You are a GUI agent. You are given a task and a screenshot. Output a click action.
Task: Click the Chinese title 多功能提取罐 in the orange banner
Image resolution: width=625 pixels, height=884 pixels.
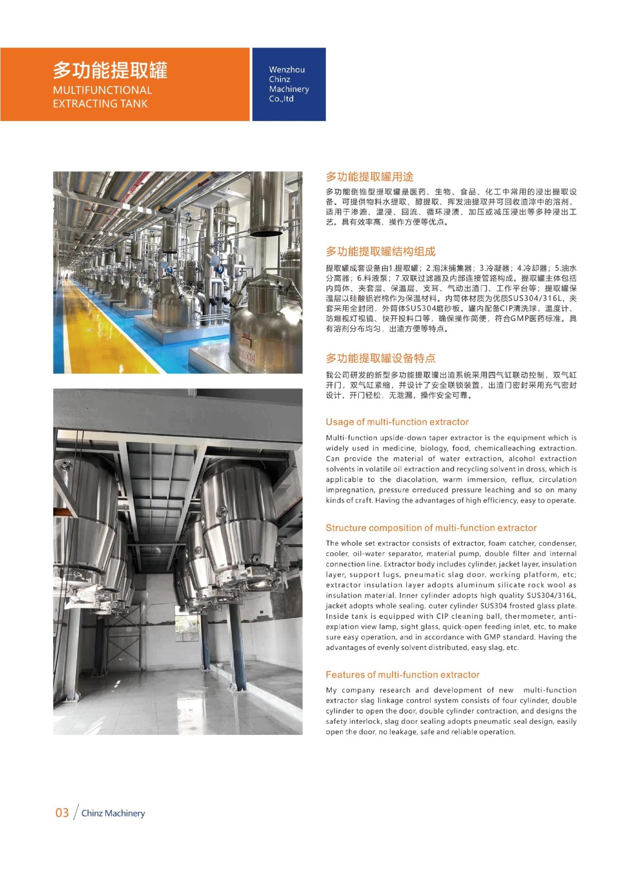click(110, 71)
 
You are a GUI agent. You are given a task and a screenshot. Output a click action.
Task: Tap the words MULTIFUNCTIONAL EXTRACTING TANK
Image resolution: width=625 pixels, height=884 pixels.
click(102, 97)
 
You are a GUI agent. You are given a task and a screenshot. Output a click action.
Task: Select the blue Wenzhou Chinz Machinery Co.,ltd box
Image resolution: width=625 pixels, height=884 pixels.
click(289, 84)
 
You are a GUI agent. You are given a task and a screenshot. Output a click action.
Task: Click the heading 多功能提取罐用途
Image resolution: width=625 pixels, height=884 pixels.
click(369, 177)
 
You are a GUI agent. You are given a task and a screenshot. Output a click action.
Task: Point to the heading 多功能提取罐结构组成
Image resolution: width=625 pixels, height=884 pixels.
click(380, 251)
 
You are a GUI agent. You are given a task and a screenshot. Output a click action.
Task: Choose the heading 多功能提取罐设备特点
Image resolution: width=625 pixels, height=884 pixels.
click(380, 358)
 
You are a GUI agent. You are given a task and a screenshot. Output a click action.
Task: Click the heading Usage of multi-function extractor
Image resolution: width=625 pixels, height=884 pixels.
click(397, 422)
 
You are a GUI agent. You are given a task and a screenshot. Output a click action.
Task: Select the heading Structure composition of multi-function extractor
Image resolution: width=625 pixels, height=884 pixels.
click(431, 528)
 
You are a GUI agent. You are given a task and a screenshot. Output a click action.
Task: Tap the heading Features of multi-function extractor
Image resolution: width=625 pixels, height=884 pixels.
click(402, 675)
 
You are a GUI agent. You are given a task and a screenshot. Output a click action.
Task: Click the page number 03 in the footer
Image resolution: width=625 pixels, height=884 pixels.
click(62, 813)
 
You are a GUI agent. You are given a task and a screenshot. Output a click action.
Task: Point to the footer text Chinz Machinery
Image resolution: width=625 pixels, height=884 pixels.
click(113, 813)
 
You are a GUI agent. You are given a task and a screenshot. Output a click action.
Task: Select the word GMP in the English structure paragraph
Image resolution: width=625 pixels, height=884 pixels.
click(492, 637)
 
